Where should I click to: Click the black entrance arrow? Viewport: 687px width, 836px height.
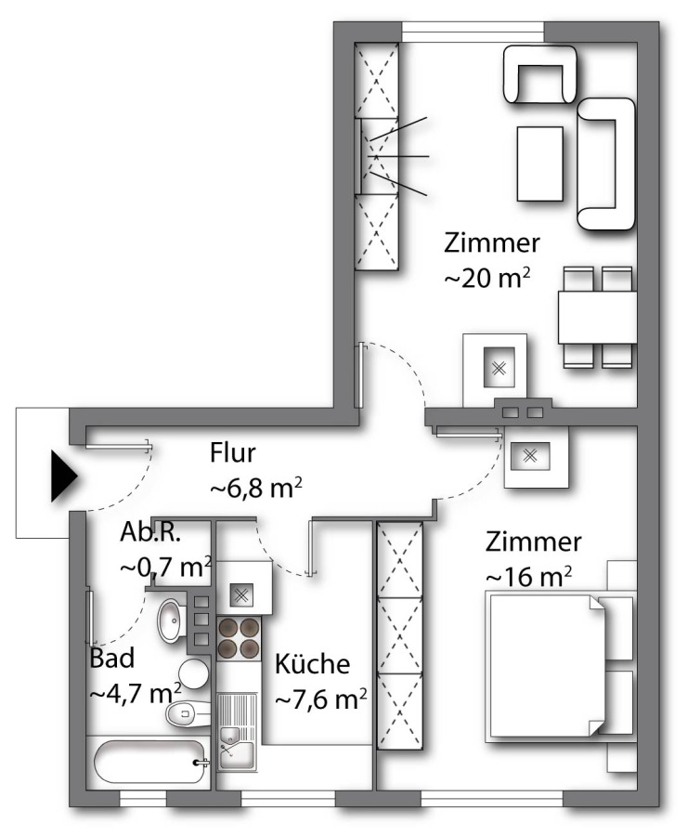tap(64, 477)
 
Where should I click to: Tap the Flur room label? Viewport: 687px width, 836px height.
tap(233, 452)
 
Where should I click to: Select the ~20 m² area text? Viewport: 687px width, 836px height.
tap(487, 279)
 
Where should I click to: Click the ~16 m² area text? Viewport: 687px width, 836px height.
tap(528, 576)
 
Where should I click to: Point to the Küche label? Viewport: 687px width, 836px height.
tap(312, 664)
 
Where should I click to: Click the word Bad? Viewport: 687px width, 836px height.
tap(112, 658)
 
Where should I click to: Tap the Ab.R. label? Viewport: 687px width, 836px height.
tap(150, 532)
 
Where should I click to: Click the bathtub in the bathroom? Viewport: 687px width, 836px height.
tap(149, 763)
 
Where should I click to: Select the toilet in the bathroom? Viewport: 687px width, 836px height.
tap(188, 713)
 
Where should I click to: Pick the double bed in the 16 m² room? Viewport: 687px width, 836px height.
tap(560, 666)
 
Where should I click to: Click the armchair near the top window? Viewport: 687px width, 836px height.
tap(539, 74)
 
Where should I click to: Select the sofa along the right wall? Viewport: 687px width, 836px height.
tap(606, 164)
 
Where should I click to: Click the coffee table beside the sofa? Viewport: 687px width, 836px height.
tap(540, 163)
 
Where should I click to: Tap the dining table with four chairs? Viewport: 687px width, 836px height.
tap(598, 318)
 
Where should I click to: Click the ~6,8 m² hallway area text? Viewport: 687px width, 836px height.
tap(257, 488)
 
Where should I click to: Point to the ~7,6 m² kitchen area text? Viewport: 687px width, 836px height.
tap(321, 699)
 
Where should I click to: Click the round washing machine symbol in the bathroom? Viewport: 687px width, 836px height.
tap(193, 673)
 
